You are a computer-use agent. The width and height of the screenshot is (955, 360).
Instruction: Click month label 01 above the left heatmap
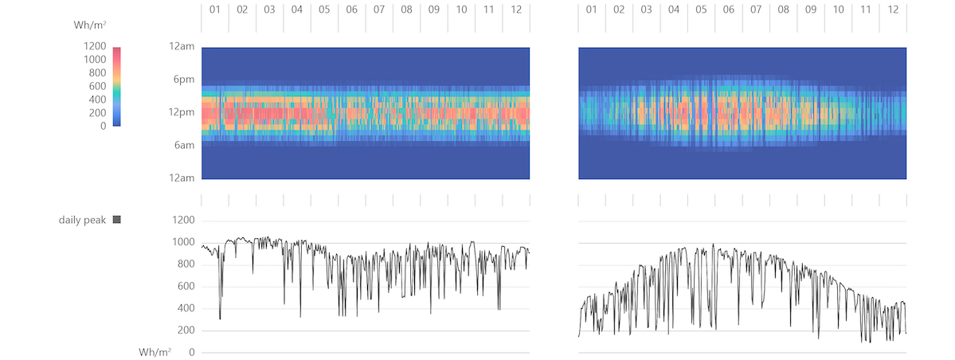tap(215, 10)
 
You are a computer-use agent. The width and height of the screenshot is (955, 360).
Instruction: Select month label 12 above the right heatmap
tap(893, 10)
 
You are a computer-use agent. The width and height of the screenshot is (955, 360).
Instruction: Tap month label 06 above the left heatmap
tap(352, 10)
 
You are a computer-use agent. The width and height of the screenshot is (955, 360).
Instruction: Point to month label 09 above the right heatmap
tap(811, 10)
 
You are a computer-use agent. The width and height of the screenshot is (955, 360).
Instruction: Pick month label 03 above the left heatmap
tap(270, 10)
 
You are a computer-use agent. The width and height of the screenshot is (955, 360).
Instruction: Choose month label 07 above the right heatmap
tap(756, 10)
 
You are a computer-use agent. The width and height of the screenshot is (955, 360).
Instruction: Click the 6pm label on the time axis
tap(182, 80)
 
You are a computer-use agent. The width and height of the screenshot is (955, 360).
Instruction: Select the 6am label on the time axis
tap(182, 145)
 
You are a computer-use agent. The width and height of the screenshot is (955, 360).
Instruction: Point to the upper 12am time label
tap(181, 47)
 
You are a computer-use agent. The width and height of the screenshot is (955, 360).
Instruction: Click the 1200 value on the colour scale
tap(94, 47)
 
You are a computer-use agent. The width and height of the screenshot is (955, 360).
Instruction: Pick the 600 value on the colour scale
tap(97, 86)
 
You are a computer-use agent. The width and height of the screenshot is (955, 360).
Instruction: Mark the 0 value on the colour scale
tap(103, 126)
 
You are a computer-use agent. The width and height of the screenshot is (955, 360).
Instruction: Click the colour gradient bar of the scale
tap(117, 86)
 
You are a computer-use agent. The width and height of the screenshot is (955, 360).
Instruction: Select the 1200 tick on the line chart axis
tap(184, 221)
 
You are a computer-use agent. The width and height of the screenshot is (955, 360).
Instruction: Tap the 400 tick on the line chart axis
tap(186, 309)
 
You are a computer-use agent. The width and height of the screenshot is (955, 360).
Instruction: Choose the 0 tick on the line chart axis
tap(192, 353)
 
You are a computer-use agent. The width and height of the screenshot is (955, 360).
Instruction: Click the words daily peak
tap(82, 220)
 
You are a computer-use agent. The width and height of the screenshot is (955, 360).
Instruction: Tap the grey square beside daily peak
tap(117, 220)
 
